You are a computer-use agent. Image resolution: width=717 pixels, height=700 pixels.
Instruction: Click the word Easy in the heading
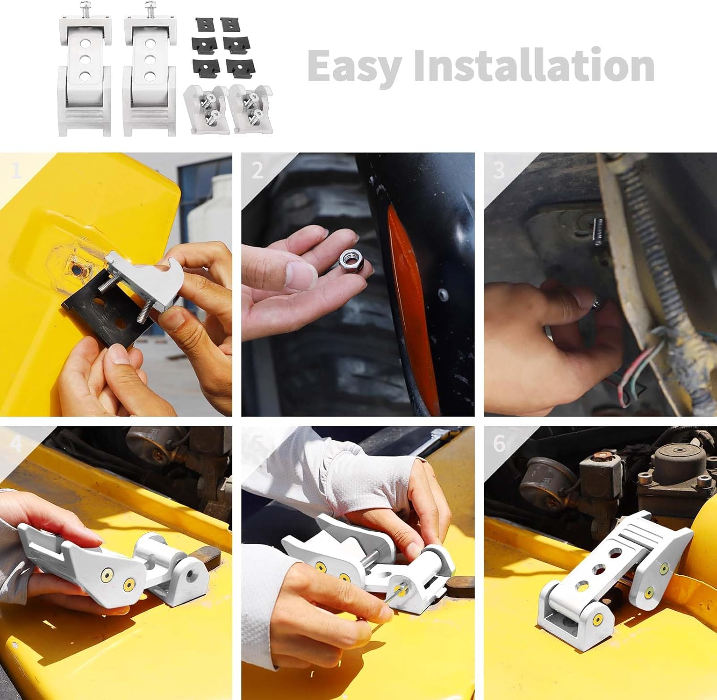[354, 66]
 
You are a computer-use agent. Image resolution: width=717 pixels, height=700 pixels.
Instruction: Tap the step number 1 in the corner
[16, 170]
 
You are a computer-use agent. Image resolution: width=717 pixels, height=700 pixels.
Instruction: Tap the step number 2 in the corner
[257, 171]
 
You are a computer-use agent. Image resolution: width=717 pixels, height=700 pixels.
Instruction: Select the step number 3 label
[499, 171]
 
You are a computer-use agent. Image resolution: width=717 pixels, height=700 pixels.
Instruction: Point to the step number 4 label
[16, 444]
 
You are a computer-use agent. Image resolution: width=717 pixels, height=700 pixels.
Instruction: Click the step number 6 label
[499, 444]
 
